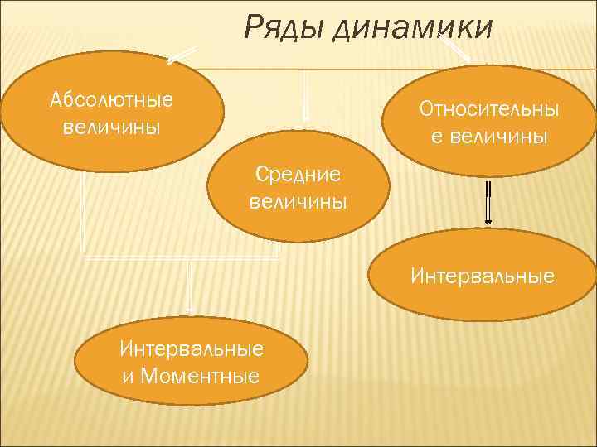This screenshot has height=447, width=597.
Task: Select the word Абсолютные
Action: click(x=111, y=100)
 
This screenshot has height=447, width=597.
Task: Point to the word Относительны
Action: click(x=488, y=109)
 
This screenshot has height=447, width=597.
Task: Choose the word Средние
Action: click(x=298, y=174)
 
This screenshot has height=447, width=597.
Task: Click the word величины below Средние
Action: click(x=298, y=202)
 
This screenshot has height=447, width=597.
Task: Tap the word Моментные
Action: click(x=201, y=377)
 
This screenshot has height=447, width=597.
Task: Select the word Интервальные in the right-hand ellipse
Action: click(x=482, y=275)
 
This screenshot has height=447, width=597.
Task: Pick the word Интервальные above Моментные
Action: click(x=192, y=348)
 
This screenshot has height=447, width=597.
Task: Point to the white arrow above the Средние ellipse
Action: click(x=305, y=95)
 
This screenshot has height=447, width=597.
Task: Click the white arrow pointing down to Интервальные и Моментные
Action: click(x=190, y=286)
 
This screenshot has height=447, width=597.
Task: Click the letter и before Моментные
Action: click(x=128, y=377)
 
